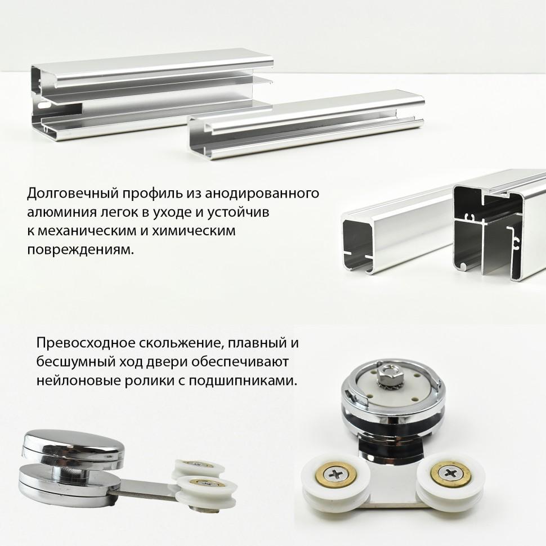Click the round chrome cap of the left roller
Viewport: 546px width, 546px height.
pyautogui.click(x=71, y=444)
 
